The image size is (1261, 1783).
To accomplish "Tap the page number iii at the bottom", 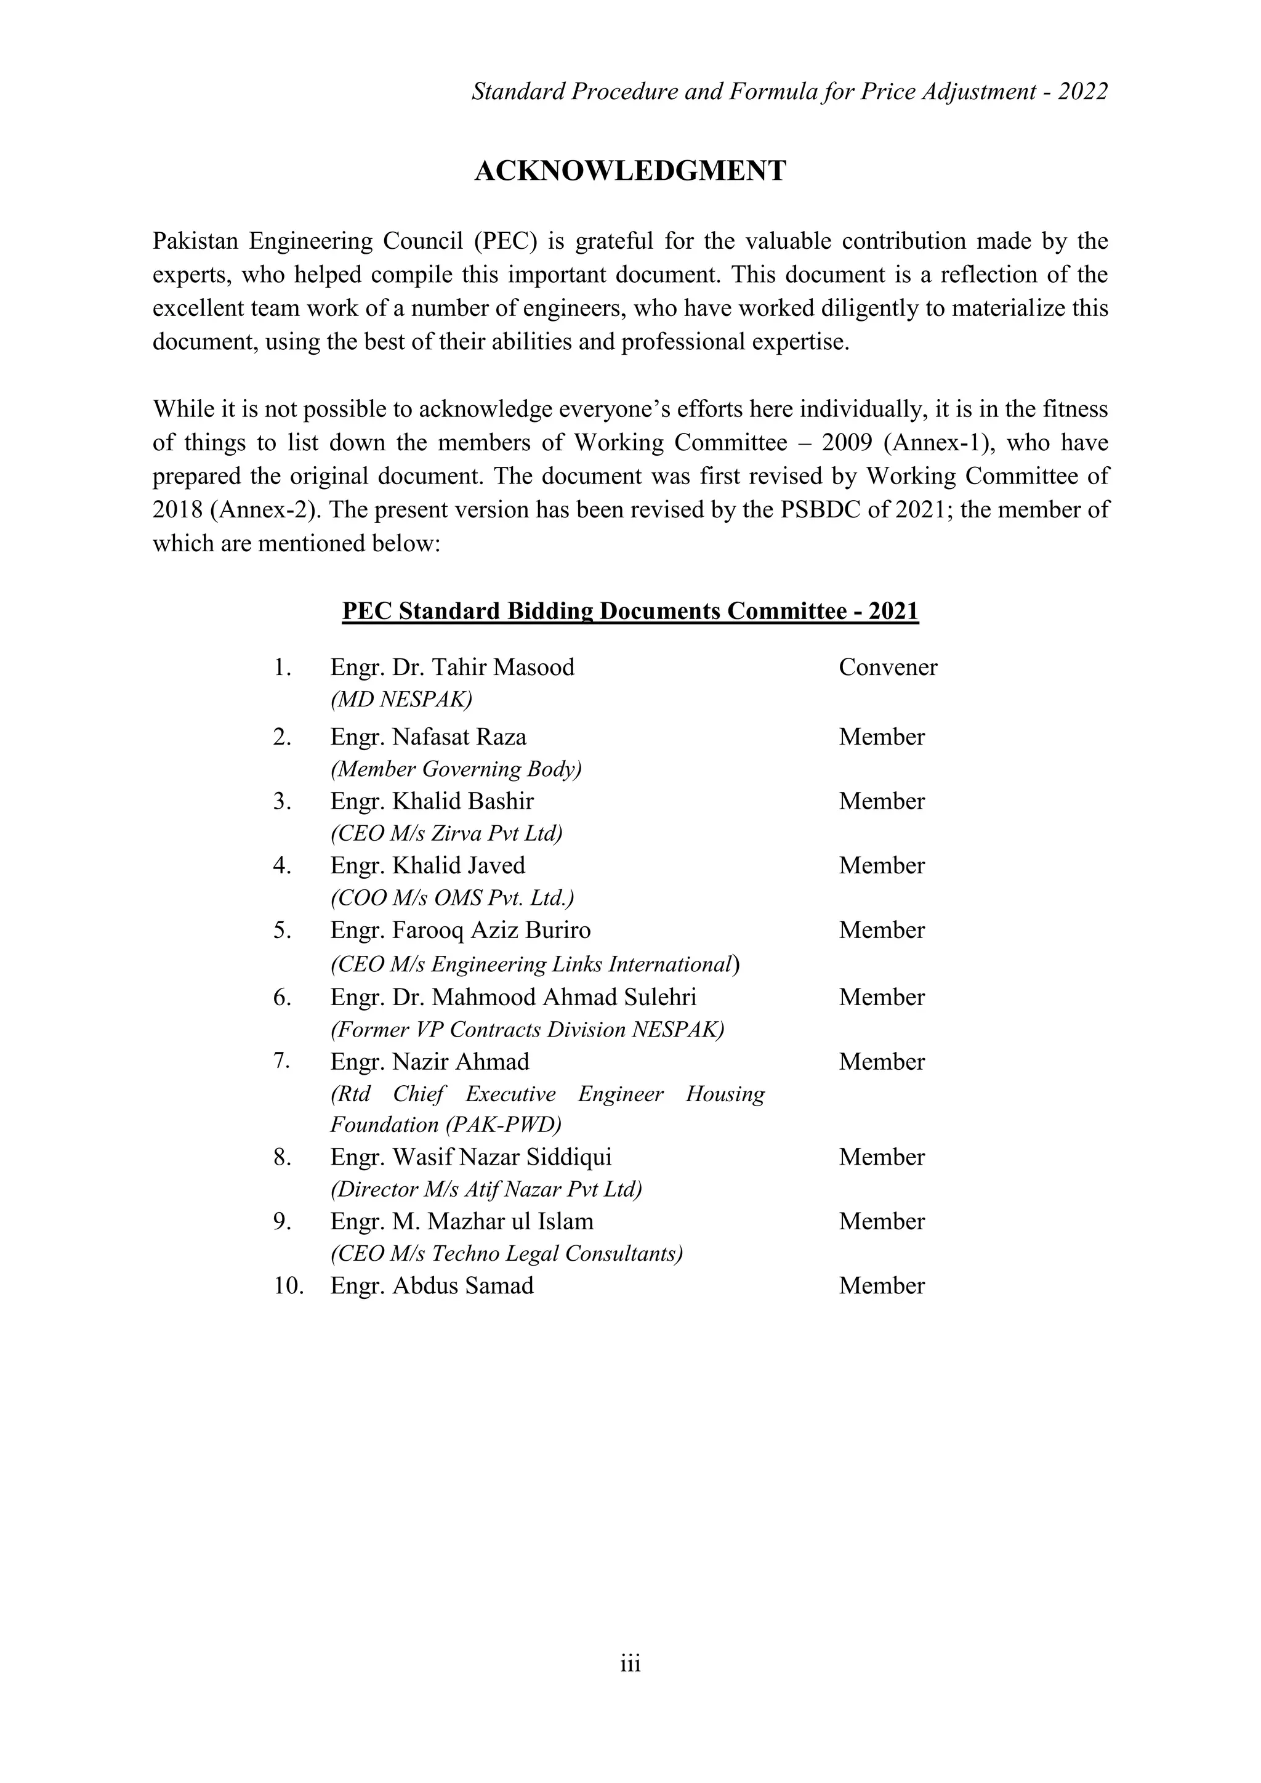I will point(630,1664).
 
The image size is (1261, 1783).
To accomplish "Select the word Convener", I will point(887,667).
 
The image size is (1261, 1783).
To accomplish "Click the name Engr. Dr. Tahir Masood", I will point(452,667).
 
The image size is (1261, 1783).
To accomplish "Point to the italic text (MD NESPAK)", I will point(401,700).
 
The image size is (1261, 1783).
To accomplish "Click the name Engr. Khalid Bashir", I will point(432,801).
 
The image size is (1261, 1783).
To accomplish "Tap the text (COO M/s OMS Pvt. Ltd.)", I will point(452,899).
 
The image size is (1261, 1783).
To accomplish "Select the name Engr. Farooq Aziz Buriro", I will point(460,931).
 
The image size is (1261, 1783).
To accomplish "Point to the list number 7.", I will point(281,1061).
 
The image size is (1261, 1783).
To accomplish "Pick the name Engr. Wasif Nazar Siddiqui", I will point(470,1157).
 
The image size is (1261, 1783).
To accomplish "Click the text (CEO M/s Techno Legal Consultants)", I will point(506,1253).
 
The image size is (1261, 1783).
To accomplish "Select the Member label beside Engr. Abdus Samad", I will point(881,1286).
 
